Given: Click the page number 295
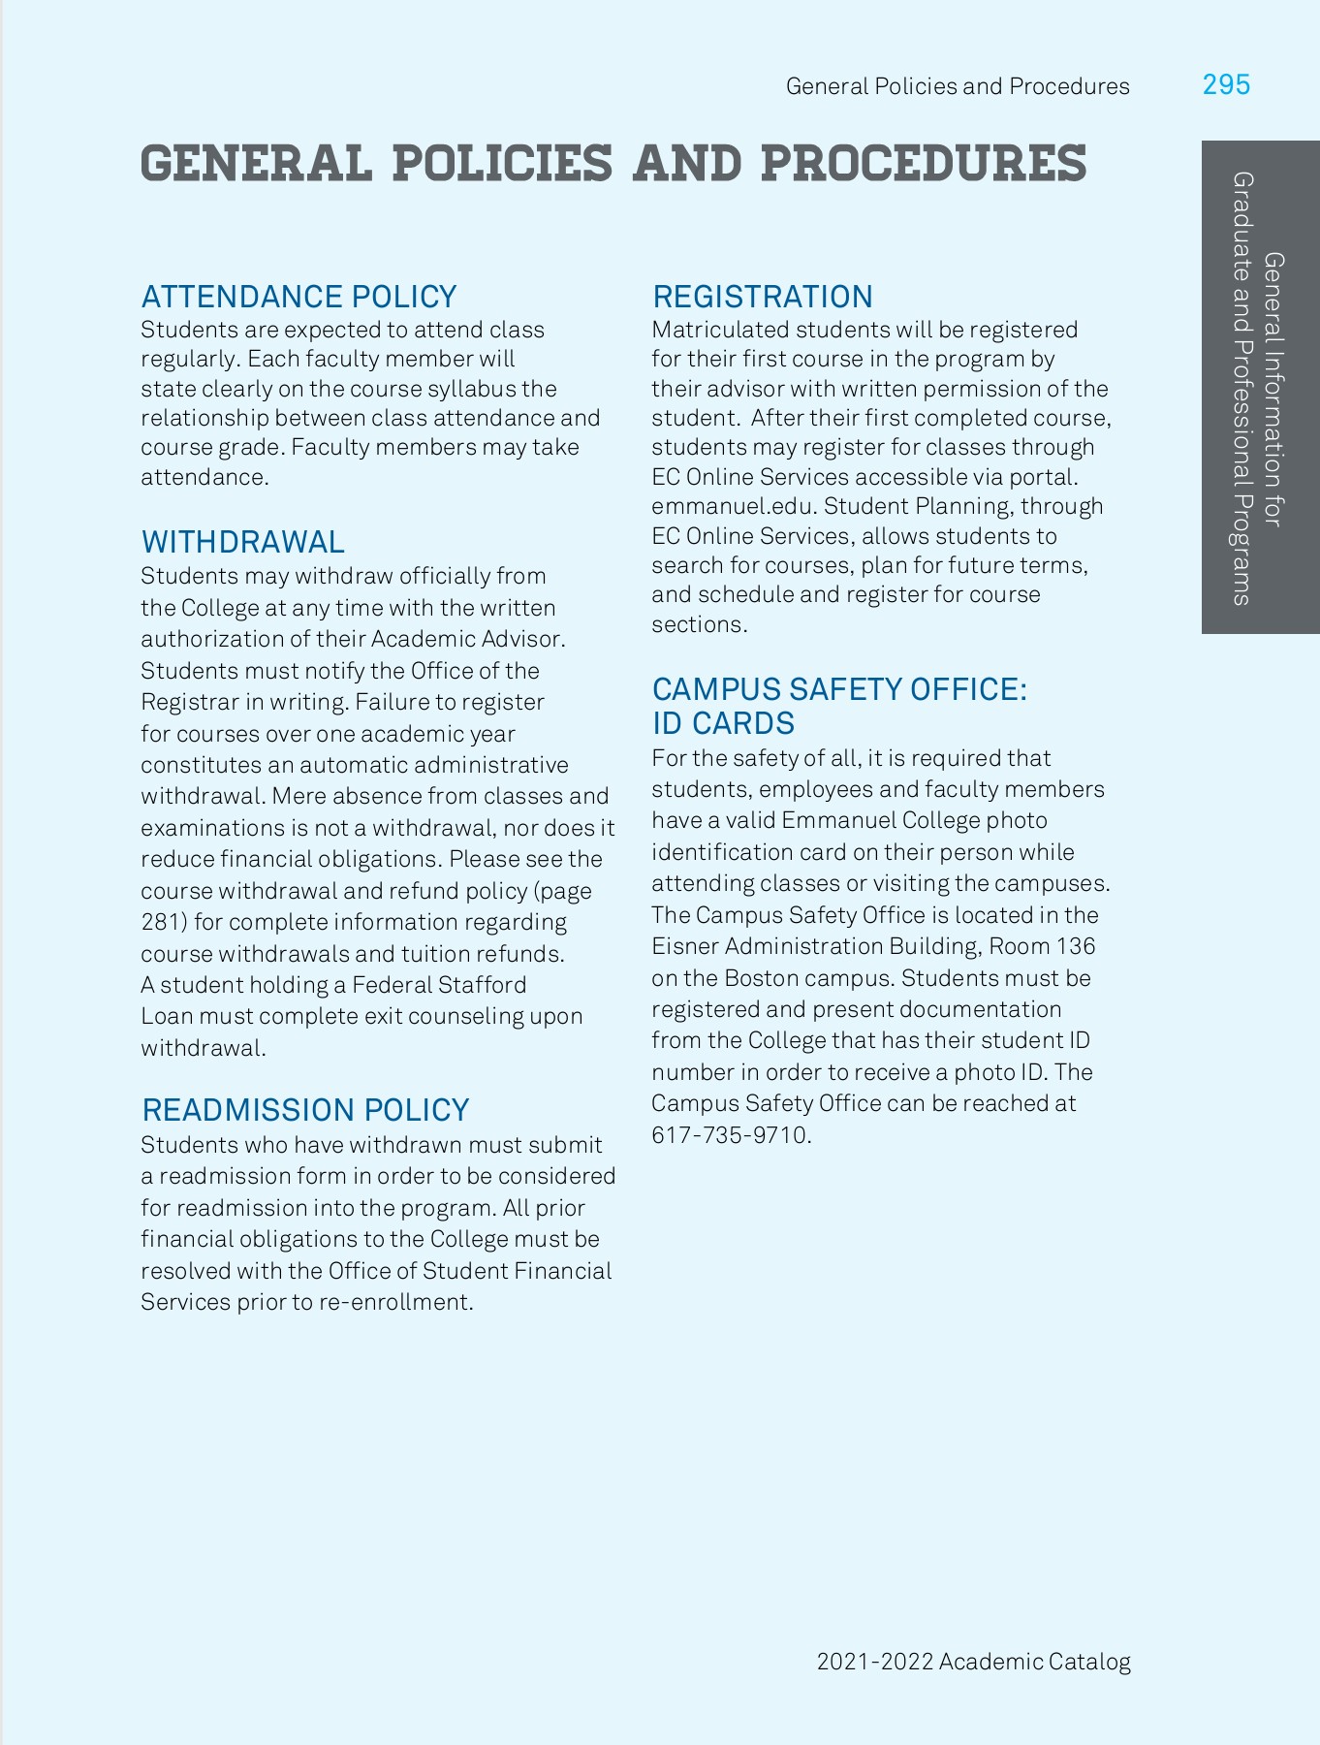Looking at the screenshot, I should [1226, 85].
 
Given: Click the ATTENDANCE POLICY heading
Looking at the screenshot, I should [299, 297].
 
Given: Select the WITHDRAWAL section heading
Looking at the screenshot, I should [243, 542].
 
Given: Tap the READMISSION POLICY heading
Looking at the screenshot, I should [305, 1110].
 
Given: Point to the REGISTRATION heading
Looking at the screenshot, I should [762, 297].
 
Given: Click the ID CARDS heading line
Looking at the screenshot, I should [723, 723].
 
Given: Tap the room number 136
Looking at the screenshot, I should [1077, 946].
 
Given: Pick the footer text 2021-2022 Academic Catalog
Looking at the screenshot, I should [973, 1662].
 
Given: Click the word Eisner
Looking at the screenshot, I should [684, 946].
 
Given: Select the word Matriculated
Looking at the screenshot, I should [720, 331].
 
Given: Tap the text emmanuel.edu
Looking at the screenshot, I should [704, 507].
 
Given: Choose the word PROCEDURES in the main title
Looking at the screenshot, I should [923, 163].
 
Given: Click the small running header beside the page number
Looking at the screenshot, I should [958, 86].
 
